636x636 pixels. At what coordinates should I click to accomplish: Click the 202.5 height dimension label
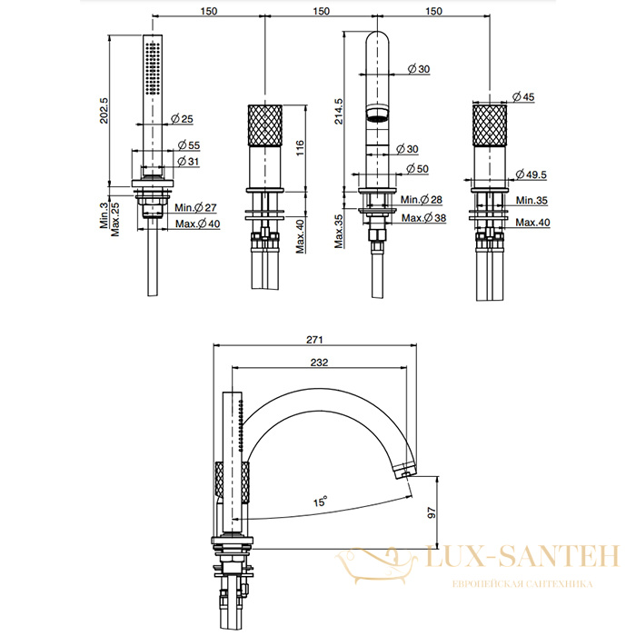coord(104,110)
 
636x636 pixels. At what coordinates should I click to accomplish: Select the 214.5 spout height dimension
coord(338,111)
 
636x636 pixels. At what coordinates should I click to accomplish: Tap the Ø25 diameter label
coord(182,119)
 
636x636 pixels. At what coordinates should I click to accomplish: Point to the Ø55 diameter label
coord(189,145)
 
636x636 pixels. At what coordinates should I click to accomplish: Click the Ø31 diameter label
coord(189,162)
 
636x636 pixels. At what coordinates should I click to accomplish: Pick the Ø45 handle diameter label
coord(523,97)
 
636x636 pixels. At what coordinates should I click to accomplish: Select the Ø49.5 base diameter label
coord(531,174)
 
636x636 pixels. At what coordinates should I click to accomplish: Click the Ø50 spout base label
coord(417,169)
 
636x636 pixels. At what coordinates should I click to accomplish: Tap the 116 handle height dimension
coord(300,148)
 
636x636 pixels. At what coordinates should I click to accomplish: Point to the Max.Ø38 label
coord(424,218)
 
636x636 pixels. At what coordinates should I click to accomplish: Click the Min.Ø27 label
coord(196,208)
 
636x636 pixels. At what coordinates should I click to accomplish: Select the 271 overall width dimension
coord(314,340)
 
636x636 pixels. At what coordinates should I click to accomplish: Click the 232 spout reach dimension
coord(319,363)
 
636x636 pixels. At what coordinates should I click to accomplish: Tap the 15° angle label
coord(320,502)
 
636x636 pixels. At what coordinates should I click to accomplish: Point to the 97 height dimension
coord(432,512)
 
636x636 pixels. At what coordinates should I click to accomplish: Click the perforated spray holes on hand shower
coord(153,68)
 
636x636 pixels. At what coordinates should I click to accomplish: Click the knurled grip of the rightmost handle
coord(490,125)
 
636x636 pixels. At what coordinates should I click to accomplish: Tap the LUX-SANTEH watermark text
coord(522,555)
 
